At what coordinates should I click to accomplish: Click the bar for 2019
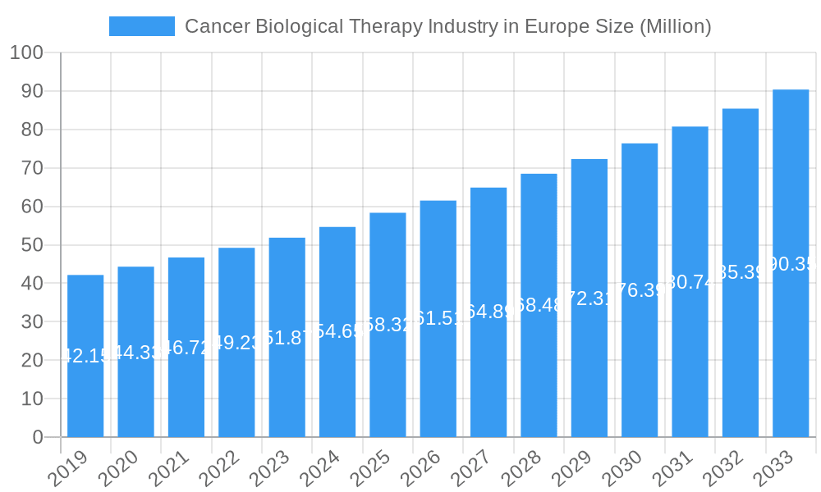(85, 356)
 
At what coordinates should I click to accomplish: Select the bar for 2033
(791, 263)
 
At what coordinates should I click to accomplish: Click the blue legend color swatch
(142, 26)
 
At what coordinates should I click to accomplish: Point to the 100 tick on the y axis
(26, 53)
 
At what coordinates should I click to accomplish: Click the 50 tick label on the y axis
(32, 245)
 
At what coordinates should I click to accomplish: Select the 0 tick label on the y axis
(38, 438)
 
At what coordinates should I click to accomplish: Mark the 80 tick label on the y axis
(32, 130)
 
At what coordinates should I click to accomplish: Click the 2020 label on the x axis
(118, 468)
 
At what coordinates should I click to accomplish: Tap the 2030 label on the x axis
(622, 468)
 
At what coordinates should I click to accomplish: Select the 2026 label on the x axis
(420, 468)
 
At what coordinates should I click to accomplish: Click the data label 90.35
(791, 263)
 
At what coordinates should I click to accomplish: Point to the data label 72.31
(589, 298)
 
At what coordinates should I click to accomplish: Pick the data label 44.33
(135, 353)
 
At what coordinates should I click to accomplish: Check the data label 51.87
(287, 338)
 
